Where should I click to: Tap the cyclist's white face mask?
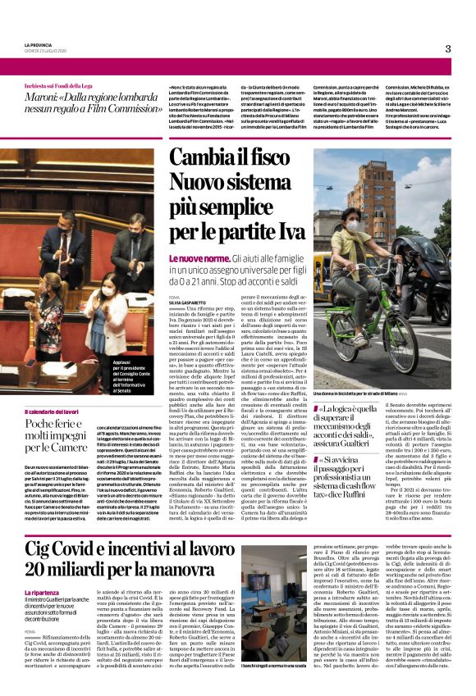pyautogui.click(x=353, y=224)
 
